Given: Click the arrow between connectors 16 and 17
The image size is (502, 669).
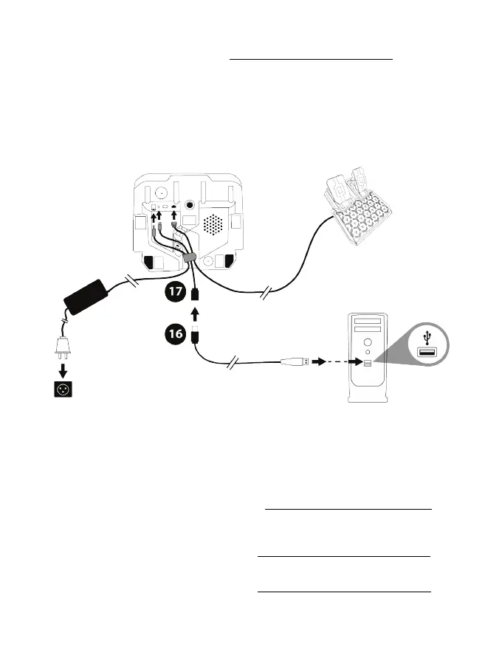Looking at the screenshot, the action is (x=194, y=316).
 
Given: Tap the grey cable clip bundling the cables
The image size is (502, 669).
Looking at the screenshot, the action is (x=189, y=259).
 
